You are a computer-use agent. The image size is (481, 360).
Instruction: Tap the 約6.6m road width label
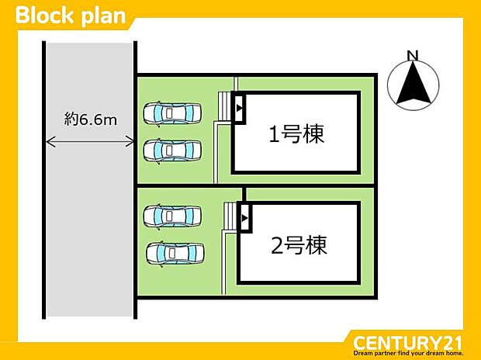pyautogui.click(x=91, y=119)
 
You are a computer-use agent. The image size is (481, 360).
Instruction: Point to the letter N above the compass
pyautogui.click(x=413, y=55)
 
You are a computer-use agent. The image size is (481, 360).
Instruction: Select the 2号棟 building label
pyautogui.click(x=299, y=247)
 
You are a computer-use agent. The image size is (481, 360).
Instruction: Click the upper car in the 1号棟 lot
pyautogui.click(x=172, y=113)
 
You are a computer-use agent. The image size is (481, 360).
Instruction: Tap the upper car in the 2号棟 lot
pyautogui.click(x=172, y=214)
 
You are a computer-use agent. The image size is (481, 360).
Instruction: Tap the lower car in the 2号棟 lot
pyautogui.click(x=175, y=252)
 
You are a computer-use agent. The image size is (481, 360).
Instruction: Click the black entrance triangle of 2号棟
pyautogui.click(x=244, y=219)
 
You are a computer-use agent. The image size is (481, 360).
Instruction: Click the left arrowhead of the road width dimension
pyautogui.click(x=50, y=141)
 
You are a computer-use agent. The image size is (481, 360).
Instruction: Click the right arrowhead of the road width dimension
pyautogui.click(x=131, y=141)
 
